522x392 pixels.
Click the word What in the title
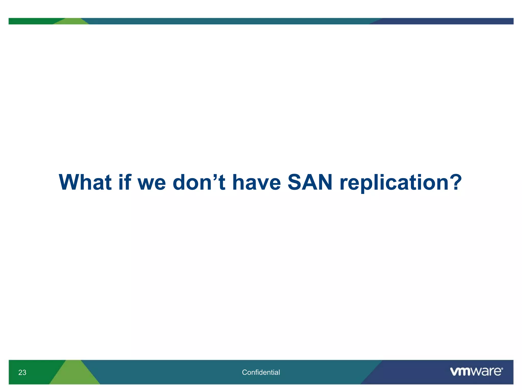[x=85, y=182]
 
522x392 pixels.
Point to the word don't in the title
[x=199, y=182]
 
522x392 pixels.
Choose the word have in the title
[x=257, y=182]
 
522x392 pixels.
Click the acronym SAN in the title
[x=310, y=182]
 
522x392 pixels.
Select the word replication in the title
[x=394, y=182]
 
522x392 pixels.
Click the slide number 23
[x=22, y=372]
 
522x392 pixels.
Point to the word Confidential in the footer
[x=261, y=372]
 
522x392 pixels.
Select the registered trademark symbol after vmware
[x=502, y=369]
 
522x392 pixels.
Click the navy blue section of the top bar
[x=446, y=21]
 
